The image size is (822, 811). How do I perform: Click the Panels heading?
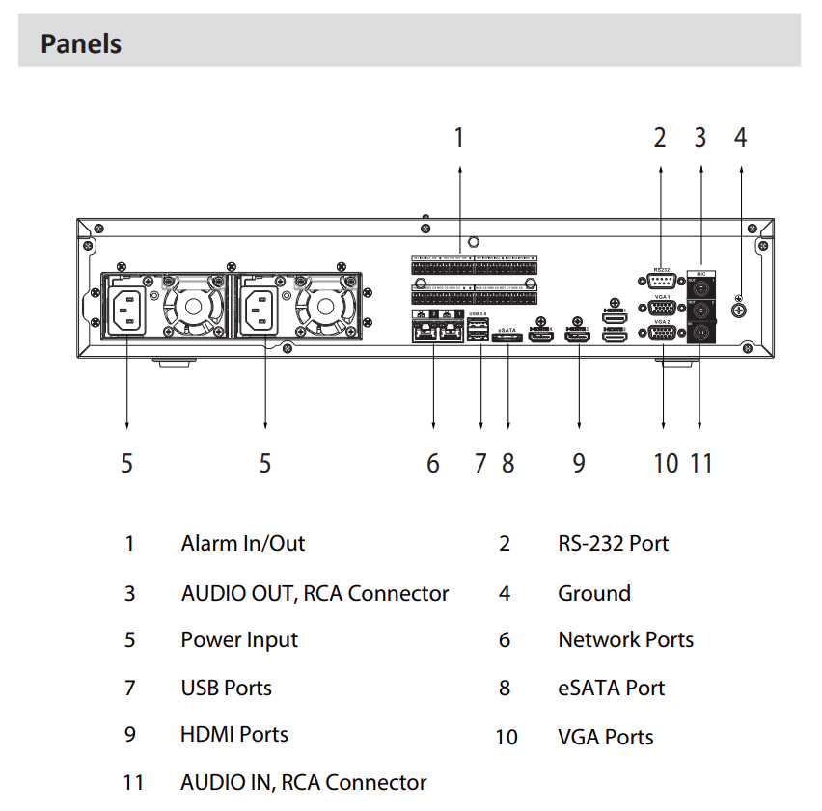pyautogui.click(x=81, y=43)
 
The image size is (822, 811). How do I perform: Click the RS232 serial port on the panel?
pyautogui.click(x=661, y=281)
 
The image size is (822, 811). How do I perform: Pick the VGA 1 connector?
pyautogui.click(x=661, y=309)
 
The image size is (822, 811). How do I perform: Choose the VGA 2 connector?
pyautogui.click(x=661, y=333)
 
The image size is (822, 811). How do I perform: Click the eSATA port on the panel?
pyautogui.click(x=507, y=338)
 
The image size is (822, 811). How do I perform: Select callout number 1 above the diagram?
pyautogui.click(x=459, y=138)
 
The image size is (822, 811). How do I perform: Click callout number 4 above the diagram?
pyautogui.click(x=740, y=138)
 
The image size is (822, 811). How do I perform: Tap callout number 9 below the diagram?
pyautogui.click(x=578, y=464)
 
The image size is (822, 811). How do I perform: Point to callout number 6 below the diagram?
pyautogui.click(x=433, y=464)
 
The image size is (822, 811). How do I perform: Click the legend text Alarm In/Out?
pyautogui.click(x=242, y=543)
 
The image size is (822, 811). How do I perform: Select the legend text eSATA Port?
pyautogui.click(x=611, y=688)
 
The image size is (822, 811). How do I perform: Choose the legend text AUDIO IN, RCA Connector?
pyautogui.click(x=303, y=782)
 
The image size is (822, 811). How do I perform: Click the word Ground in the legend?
pyautogui.click(x=593, y=593)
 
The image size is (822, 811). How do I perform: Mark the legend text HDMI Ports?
pyautogui.click(x=233, y=734)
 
